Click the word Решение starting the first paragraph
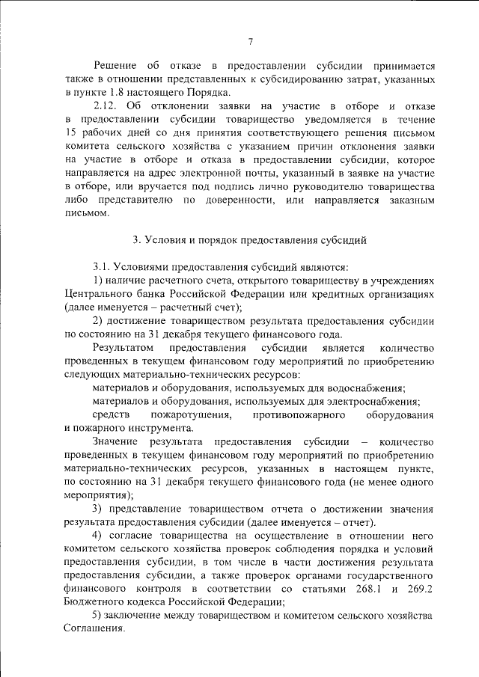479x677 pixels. (x=115, y=66)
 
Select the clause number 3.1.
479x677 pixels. (x=103, y=266)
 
